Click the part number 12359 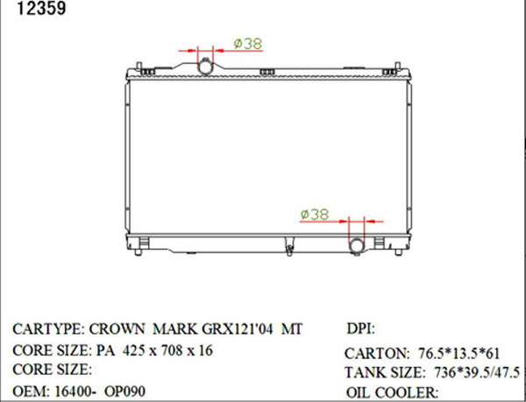(x=41, y=8)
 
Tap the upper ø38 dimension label (x=248, y=44)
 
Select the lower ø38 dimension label (x=315, y=215)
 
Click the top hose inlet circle (x=205, y=67)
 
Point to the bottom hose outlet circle (x=357, y=246)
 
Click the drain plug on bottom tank (x=288, y=248)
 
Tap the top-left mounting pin (x=139, y=66)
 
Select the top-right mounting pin (x=397, y=66)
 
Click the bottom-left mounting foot (x=138, y=252)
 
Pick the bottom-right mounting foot (x=398, y=252)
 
